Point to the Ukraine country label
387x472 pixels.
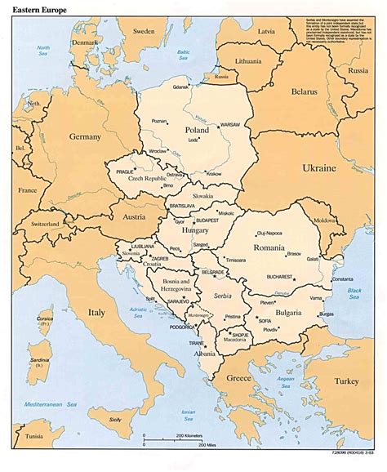tap(319, 167)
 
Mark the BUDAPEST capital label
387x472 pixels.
tap(209, 220)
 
